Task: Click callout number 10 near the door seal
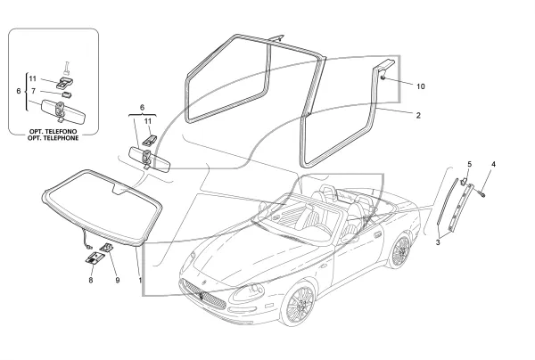(421, 86)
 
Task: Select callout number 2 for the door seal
(418, 115)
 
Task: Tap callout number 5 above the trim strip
(470, 164)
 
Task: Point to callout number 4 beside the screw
(493, 164)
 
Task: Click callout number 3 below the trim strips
(438, 242)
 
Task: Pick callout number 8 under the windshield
(91, 280)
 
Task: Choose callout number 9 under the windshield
(118, 280)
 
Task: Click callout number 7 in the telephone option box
(33, 91)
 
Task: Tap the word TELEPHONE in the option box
(53, 138)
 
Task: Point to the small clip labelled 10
(383, 78)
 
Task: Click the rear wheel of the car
(400, 250)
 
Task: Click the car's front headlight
(248, 293)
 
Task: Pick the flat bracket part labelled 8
(95, 258)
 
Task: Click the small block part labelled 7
(66, 94)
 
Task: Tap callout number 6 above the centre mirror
(142, 108)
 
